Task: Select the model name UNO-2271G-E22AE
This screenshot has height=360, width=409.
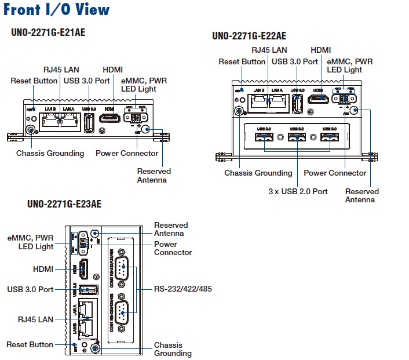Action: [x=249, y=36]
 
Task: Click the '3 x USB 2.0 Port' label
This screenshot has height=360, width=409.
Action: [x=298, y=191]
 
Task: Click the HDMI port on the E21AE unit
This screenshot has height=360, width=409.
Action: [x=109, y=118]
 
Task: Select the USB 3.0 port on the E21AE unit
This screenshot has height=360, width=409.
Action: [x=90, y=122]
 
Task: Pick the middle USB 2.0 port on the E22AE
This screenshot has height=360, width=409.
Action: [x=297, y=137]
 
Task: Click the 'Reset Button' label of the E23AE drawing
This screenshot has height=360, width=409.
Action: [x=30, y=344]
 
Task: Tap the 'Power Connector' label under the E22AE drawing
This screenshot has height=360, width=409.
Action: [x=335, y=173]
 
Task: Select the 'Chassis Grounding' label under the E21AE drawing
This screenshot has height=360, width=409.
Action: [x=50, y=153]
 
